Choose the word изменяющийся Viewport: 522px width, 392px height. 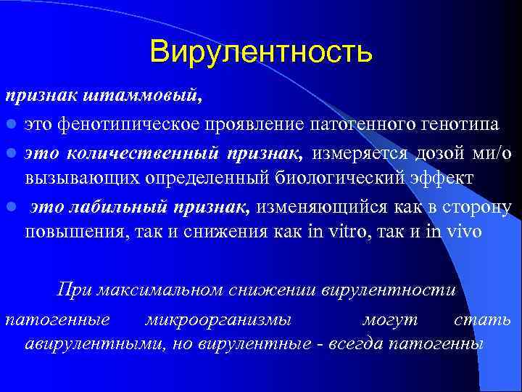coord(321,208)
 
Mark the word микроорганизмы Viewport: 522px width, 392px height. coord(217,319)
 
